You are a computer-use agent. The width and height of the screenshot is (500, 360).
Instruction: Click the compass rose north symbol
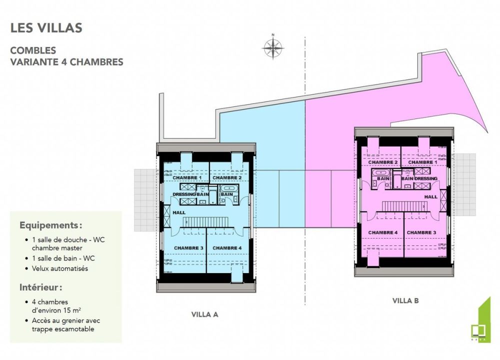[273, 48]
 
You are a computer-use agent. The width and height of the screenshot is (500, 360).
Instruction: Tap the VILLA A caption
[204, 314]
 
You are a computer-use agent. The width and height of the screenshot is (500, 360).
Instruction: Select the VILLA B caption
[405, 300]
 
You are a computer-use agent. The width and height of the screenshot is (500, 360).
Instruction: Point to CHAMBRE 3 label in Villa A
[188, 248]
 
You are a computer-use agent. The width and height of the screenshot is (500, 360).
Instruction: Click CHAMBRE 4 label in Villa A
[227, 248]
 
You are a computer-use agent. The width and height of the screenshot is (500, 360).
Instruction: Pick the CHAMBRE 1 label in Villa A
[187, 178]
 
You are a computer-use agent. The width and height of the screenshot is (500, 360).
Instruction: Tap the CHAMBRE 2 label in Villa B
[382, 162]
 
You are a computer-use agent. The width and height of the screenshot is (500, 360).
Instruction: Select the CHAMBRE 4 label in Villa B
[382, 232]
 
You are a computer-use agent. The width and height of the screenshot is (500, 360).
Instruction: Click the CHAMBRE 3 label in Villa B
[421, 232]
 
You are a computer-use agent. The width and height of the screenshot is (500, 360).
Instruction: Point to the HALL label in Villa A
[179, 212]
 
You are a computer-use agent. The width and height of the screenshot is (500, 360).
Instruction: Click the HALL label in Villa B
[431, 196]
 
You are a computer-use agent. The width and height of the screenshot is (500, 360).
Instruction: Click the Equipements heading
[50, 224]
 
